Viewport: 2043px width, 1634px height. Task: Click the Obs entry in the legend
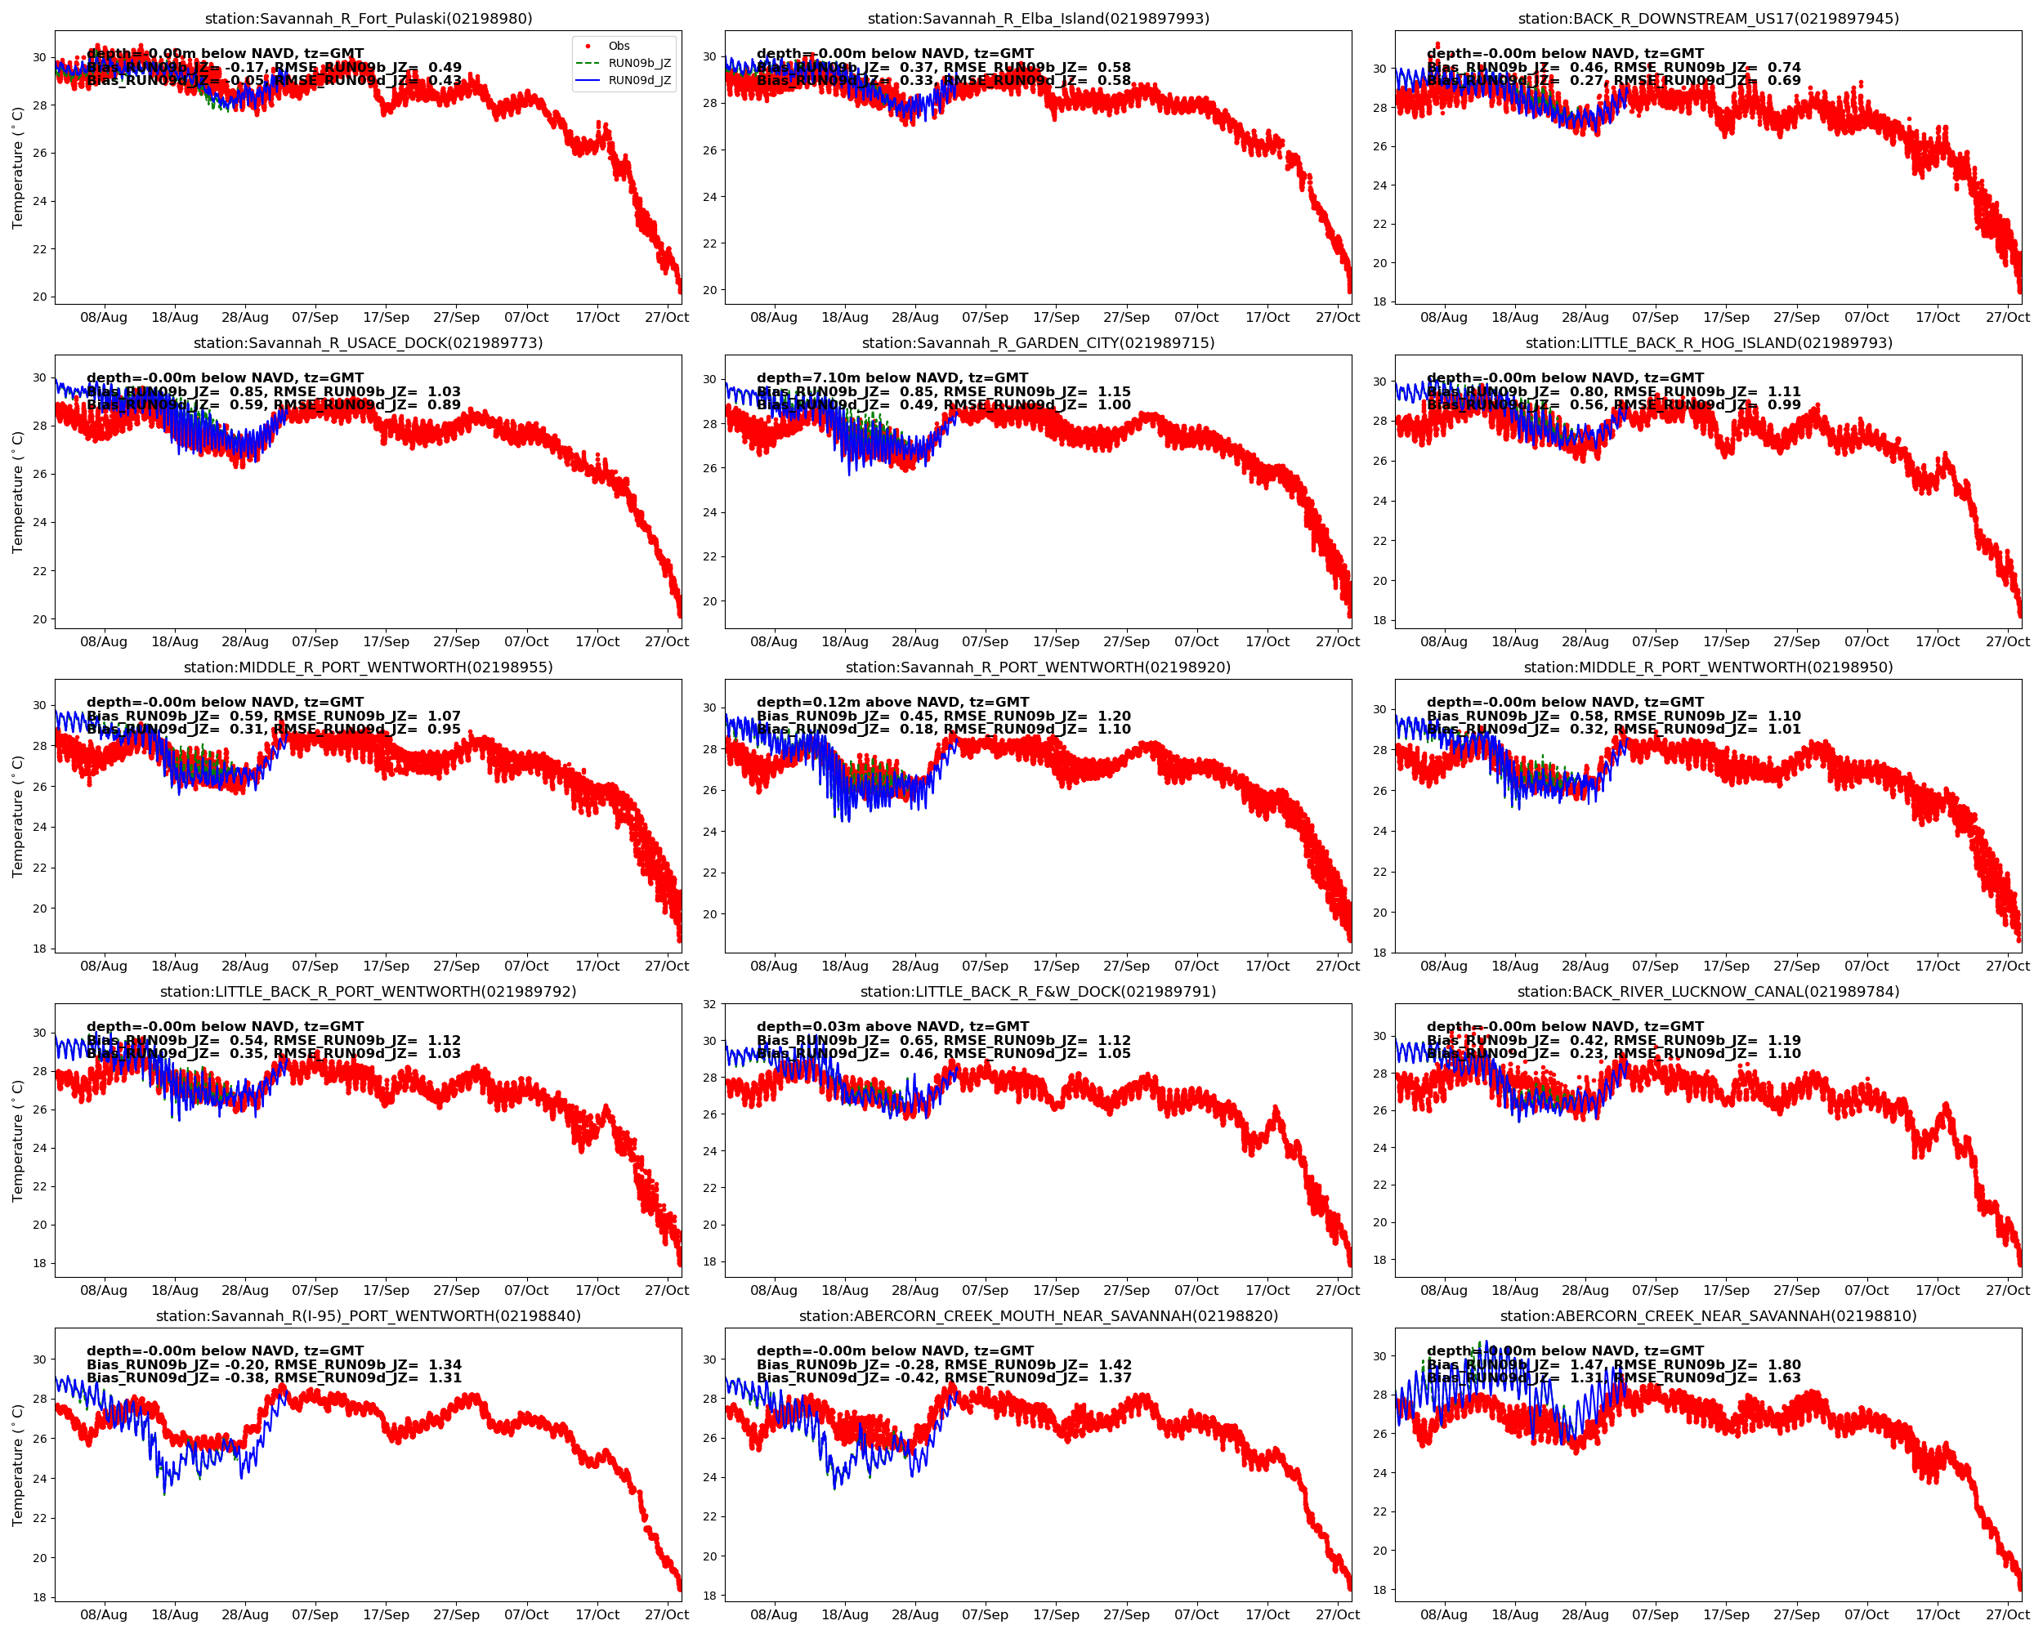click(619, 46)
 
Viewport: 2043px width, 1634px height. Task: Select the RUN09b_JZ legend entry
click(639, 64)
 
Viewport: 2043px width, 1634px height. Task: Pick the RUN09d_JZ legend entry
click(639, 81)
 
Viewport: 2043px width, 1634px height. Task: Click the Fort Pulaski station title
click(369, 19)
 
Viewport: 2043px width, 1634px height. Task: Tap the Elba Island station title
click(1039, 19)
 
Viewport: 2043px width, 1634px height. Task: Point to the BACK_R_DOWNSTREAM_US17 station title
click(1709, 19)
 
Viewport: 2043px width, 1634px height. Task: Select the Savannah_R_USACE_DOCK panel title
click(369, 343)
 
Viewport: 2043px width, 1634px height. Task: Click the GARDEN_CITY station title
click(1039, 343)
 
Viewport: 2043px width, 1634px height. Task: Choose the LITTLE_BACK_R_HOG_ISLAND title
click(1709, 343)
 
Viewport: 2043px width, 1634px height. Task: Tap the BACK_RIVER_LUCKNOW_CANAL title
click(1709, 992)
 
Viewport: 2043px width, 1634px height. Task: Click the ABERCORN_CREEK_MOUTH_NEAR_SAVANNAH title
click(1039, 1315)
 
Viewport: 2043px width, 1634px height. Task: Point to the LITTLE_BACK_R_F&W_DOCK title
click(1039, 992)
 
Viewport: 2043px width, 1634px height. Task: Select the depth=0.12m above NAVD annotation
click(892, 702)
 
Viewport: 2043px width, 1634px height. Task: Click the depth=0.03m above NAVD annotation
click(892, 1026)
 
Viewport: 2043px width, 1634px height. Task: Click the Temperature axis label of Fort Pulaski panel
click(17, 167)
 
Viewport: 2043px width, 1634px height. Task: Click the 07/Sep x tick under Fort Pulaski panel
click(315, 317)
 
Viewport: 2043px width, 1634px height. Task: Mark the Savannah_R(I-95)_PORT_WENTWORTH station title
click(369, 1315)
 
